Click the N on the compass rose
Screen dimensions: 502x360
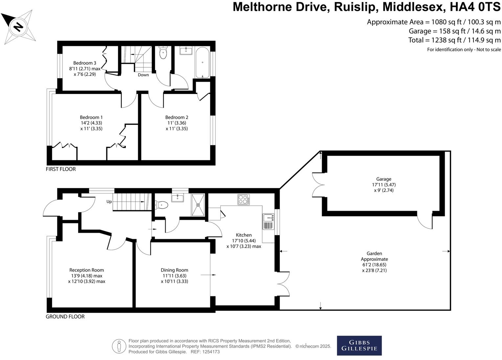[x=18, y=27]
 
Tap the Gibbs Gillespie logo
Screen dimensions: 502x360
[x=359, y=346]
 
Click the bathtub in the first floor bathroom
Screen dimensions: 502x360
[x=202, y=62]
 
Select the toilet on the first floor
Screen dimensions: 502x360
[x=163, y=53]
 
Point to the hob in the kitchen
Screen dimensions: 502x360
[x=243, y=199]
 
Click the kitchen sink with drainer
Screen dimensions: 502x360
[x=268, y=221]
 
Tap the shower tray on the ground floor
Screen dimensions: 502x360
[x=198, y=205]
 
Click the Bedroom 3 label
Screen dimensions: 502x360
[x=85, y=63]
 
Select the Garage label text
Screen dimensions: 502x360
[x=384, y=179]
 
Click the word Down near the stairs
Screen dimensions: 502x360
[x=143, y=75]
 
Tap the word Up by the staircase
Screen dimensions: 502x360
[x=109, y=202]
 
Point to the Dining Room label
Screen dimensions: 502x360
[x=174, y=270]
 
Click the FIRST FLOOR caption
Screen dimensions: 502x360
[x=61, y=169]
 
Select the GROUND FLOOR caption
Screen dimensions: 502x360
[x=65, y=317]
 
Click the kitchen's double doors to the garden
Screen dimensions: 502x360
[x=284, y=284]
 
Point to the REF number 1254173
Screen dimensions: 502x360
[x=211, y=352]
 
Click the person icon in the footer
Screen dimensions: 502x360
[x=119, y=346]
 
